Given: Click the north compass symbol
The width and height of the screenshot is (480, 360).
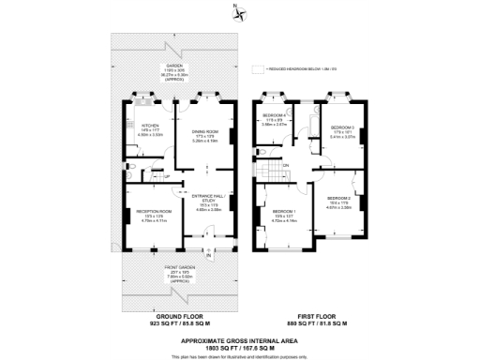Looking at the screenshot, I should point(242,13).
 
